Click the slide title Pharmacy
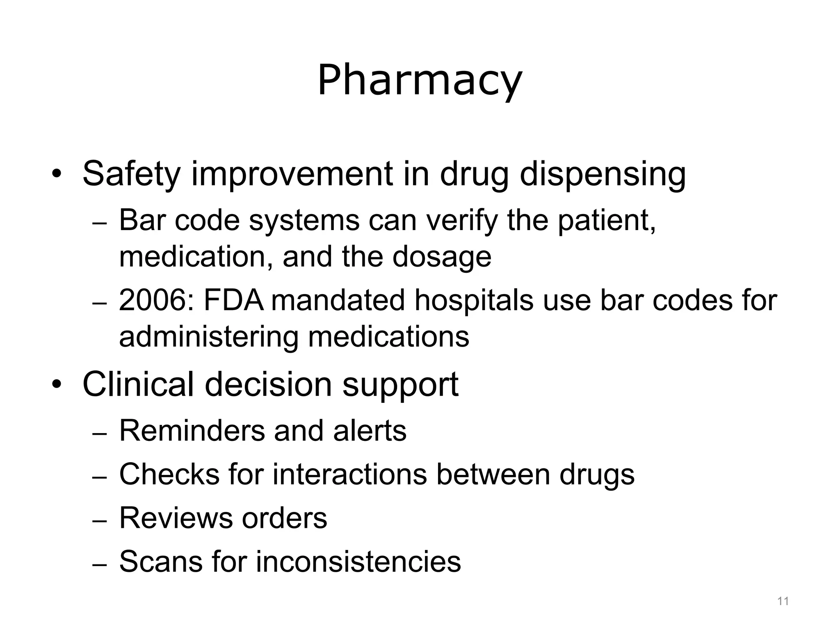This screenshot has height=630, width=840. click(419, 81)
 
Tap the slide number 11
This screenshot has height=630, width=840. click(783, 601)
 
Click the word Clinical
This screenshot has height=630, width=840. click(138, 384)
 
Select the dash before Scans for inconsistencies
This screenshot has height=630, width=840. click(99, 565)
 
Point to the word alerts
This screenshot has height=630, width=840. click(369, 431)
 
